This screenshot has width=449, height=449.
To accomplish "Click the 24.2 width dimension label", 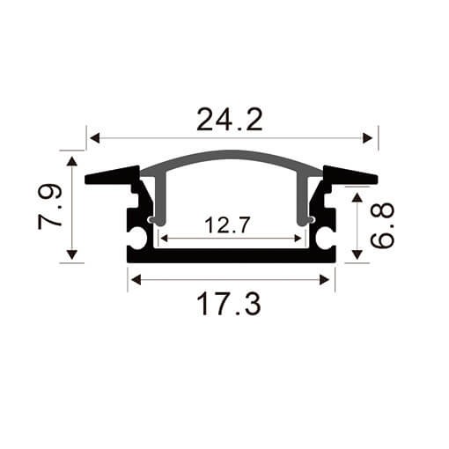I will [230, 119].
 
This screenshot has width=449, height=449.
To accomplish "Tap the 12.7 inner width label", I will [228, 225].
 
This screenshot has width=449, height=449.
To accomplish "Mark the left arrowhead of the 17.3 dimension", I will [135, 281].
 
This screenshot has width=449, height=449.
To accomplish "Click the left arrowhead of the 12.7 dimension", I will [164, 238].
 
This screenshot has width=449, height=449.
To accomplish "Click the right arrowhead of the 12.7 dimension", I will [301, 238].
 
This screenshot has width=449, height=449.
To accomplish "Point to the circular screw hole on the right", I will [325, 236].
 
